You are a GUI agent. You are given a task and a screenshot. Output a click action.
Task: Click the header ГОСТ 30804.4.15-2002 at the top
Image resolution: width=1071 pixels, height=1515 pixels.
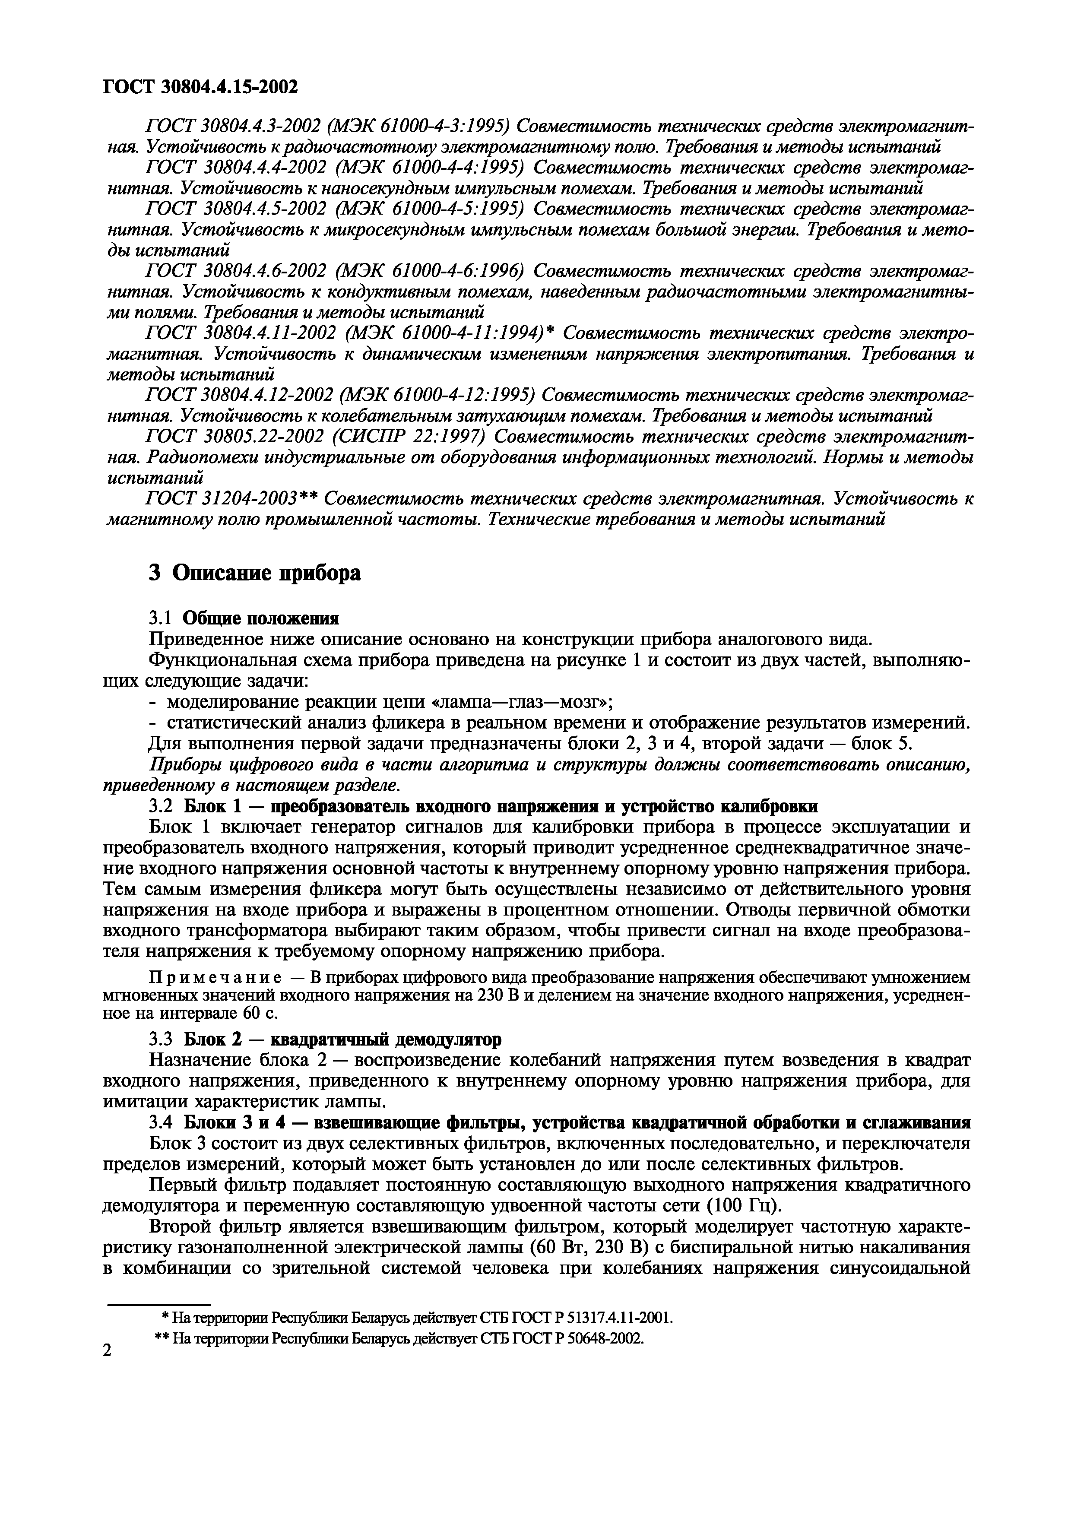tap(201, 86)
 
